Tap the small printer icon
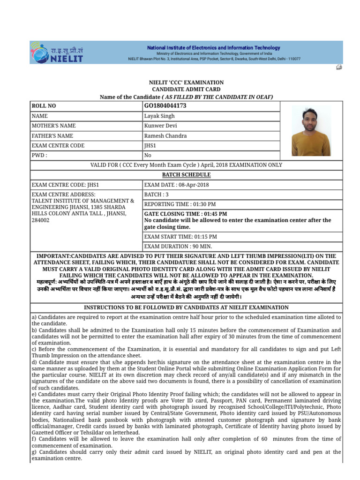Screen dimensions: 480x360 pyautogui.click(x=339, y=67)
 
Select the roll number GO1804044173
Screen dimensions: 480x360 pyautogui.click(x=165, y=106)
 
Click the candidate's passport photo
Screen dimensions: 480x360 pyautogui.click(x=311, y=130)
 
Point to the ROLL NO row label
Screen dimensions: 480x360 pyautogui.click(x=44, y=106)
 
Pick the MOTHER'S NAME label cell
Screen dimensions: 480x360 pyautogui.click(x=53, y=126)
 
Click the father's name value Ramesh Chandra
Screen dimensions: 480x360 pyautogui.click(x=165, y=136)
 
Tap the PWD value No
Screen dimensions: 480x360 pyautogui.click(x=148, y=155)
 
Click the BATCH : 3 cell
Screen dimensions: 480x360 pyautogui.click(x=156, y=195)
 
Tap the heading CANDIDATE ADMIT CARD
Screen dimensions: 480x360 pyautogui.click(x=186, y=89)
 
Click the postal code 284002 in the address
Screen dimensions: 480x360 pyautogui.click(x=40, y=220)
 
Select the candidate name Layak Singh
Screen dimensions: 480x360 pyautogui.click(x=159, y=116)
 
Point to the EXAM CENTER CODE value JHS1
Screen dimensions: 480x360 pyautogui.click(x=150, y=146)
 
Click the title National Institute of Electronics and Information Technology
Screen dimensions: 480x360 pyautogui.click(x=214, y=48)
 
